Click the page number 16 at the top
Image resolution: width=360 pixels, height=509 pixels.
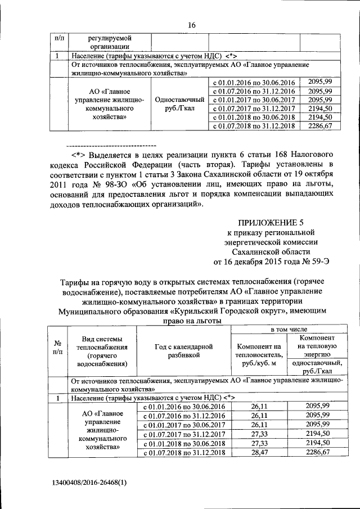191,25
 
